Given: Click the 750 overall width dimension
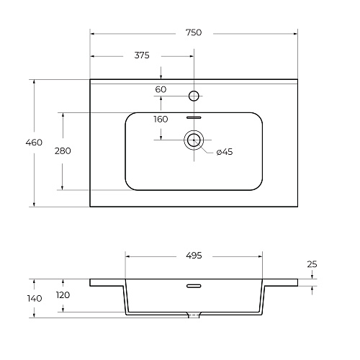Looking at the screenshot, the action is coord(194,32).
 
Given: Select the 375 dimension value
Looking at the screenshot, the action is coord(142,55).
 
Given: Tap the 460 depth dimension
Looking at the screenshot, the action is coord(34,143).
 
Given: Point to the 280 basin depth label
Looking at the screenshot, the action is coord(63,151).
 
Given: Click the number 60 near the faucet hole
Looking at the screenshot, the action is coord(161,89).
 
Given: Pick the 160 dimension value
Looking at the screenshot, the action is coord(161,119).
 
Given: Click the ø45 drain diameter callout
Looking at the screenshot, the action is coord(225,152).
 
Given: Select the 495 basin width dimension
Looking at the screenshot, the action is coord(194,256).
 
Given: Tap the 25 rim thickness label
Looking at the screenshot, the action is coord(312,264).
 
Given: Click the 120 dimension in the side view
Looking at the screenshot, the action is coord(63,295).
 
